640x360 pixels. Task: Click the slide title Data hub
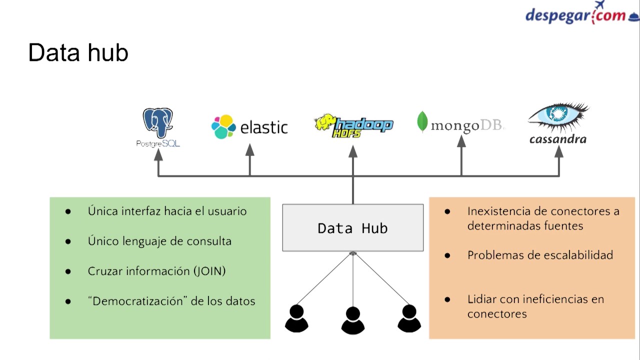pos(78,52)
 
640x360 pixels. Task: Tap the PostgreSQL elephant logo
pos(158,123)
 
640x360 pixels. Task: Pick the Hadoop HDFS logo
pos(353,125)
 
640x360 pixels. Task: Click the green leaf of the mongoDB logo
pos(422,121)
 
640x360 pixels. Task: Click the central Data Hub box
pos(352,228)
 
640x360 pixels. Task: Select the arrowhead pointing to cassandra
pos(559,151)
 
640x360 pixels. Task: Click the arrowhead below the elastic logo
pos(249,150)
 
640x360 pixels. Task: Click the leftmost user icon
pos(296,319)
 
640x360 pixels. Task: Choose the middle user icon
pos(352,320)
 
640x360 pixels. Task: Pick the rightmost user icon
pos(409,318)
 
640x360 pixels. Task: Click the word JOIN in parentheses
pos(209,271)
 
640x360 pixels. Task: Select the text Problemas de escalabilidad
pos(540,255)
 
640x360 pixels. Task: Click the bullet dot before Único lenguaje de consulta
pos(68,241)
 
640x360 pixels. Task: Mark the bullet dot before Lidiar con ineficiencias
pos(447,299)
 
